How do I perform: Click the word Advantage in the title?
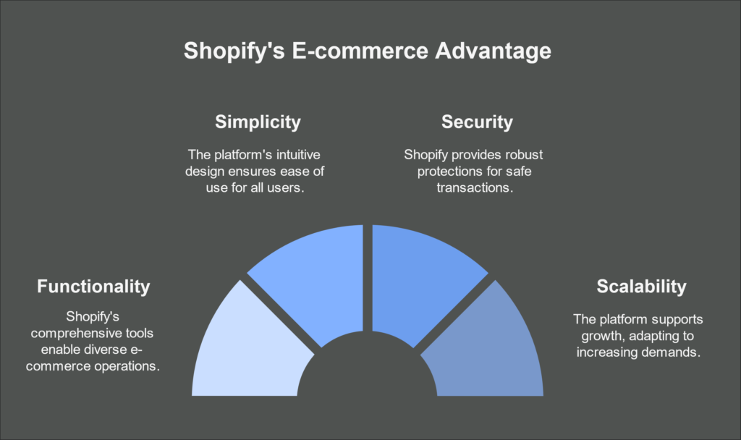tap(493, 51)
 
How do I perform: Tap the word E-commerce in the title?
tap(360, 50)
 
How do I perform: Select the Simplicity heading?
tap(258, 122)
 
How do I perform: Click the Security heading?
tap(477, 122)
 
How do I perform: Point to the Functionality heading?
tap(93, 287)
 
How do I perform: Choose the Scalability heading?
tap(641, 287)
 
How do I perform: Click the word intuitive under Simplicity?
tap(298, 155)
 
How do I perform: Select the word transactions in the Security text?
tap(475, 187)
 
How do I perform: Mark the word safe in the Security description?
tap(518, 171)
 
